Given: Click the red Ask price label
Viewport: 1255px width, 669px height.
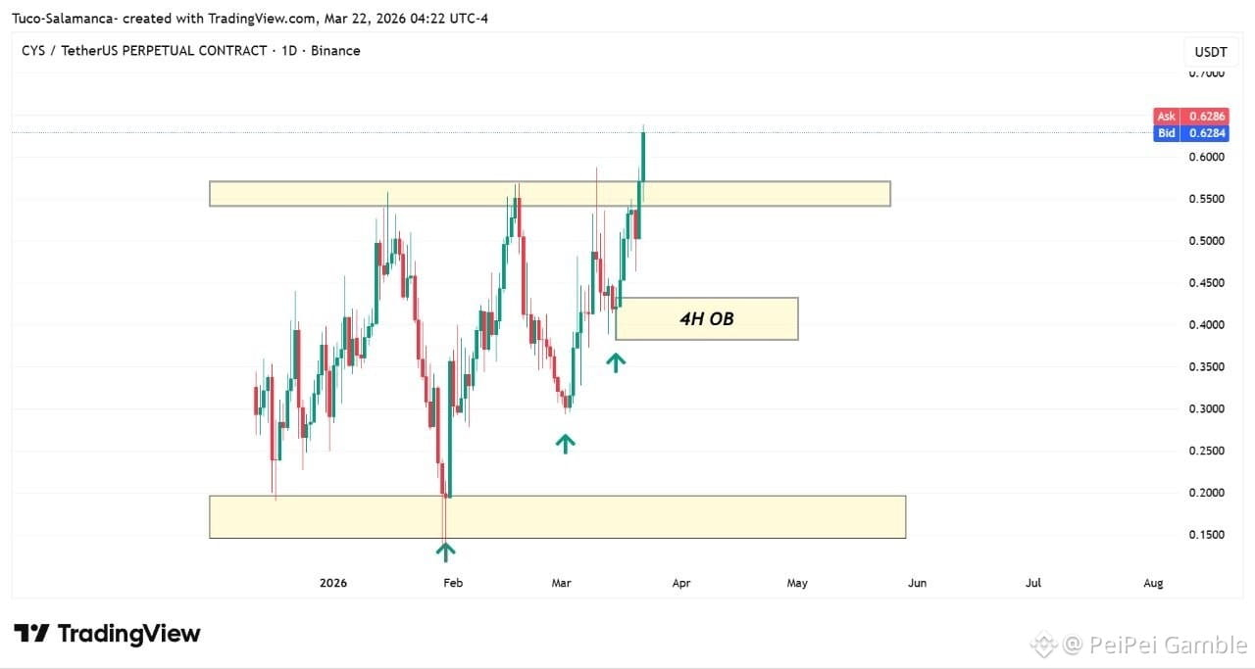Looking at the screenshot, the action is [1191, 116].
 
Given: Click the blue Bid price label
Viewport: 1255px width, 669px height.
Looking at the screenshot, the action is [1191, 133].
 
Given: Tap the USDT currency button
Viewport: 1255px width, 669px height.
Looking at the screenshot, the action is [1211, 52].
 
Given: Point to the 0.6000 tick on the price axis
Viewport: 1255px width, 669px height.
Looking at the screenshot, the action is [1206, 157].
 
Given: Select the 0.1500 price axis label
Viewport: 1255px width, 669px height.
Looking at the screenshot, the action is [1206, 535].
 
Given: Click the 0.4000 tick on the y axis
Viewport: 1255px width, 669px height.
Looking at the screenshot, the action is [1206, 324].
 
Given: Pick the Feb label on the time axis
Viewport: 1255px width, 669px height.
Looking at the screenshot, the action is [453, 583].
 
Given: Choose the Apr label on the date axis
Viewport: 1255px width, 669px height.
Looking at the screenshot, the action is [681, 583].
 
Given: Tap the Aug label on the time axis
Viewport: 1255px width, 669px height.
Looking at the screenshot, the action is [1153, 583].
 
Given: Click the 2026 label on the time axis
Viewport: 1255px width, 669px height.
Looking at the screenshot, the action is [332, 583].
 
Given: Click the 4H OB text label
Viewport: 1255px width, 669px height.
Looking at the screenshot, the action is [707, 318].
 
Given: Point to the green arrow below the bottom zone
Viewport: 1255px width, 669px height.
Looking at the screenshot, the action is [445, 551].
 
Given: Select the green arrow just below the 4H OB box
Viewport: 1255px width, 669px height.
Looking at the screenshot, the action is [615, 362].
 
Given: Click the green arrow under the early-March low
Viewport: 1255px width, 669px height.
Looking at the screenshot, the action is [565, 444].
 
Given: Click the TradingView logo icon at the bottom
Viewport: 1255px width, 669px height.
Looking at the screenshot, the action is [31, 633].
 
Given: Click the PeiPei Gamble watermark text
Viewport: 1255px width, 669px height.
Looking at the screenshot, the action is [1168, 645].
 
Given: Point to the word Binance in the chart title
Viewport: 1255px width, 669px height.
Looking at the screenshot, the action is [335, 50].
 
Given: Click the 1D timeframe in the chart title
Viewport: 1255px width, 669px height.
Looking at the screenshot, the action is [289, 50].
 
